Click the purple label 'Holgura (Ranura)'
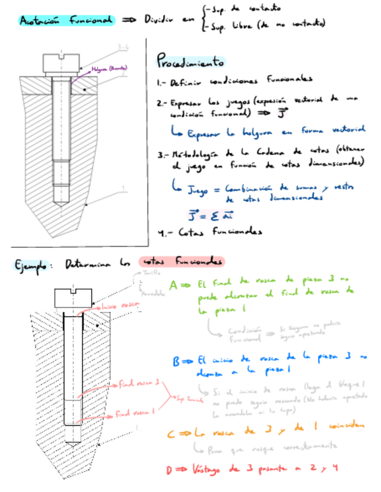point(109,68)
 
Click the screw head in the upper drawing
point(60,62)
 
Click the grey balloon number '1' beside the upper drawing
point(124,188)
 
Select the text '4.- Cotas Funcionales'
point(210,232)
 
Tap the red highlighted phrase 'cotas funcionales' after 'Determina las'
point(182,262)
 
